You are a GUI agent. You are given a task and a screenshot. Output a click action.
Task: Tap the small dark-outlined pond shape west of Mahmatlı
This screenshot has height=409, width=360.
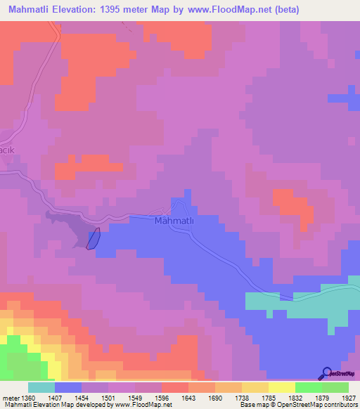point(93,238)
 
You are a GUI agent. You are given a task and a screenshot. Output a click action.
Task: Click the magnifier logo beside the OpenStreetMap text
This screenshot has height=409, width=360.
point(326,372)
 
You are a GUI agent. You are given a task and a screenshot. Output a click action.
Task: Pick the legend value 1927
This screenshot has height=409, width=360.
point(349,398)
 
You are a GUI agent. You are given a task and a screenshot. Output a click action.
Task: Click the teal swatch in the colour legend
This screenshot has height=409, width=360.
point(41,387)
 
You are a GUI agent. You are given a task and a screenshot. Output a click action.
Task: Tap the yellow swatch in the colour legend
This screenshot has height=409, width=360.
point(281,387)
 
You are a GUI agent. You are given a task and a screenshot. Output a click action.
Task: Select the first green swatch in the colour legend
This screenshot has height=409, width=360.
point(308,387)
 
